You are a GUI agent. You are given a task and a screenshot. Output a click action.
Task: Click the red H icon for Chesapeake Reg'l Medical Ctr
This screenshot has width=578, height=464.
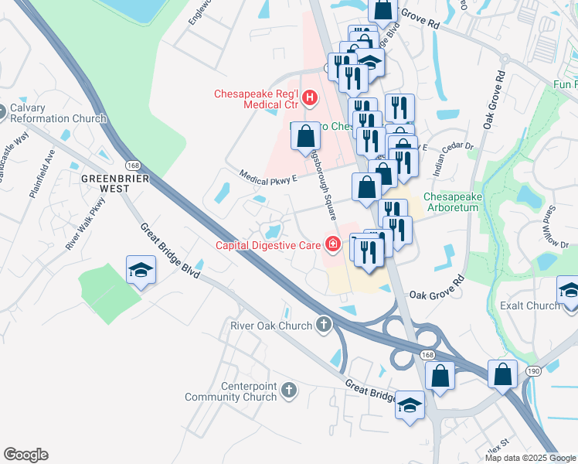[310, 97]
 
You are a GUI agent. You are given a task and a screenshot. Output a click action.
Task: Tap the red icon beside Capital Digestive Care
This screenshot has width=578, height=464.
[333, 246]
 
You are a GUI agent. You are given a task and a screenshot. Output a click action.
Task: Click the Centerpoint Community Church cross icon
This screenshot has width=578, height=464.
[289, 389]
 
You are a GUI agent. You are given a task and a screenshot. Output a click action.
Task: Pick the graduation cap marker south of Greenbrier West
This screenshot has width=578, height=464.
[141, 271]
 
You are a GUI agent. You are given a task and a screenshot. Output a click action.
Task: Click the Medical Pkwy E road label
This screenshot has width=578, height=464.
[268, 179]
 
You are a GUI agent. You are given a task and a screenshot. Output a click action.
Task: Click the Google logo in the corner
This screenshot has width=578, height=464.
[25, 455]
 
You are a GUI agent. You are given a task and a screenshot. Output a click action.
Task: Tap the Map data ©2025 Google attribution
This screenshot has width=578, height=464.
[529, 458]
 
